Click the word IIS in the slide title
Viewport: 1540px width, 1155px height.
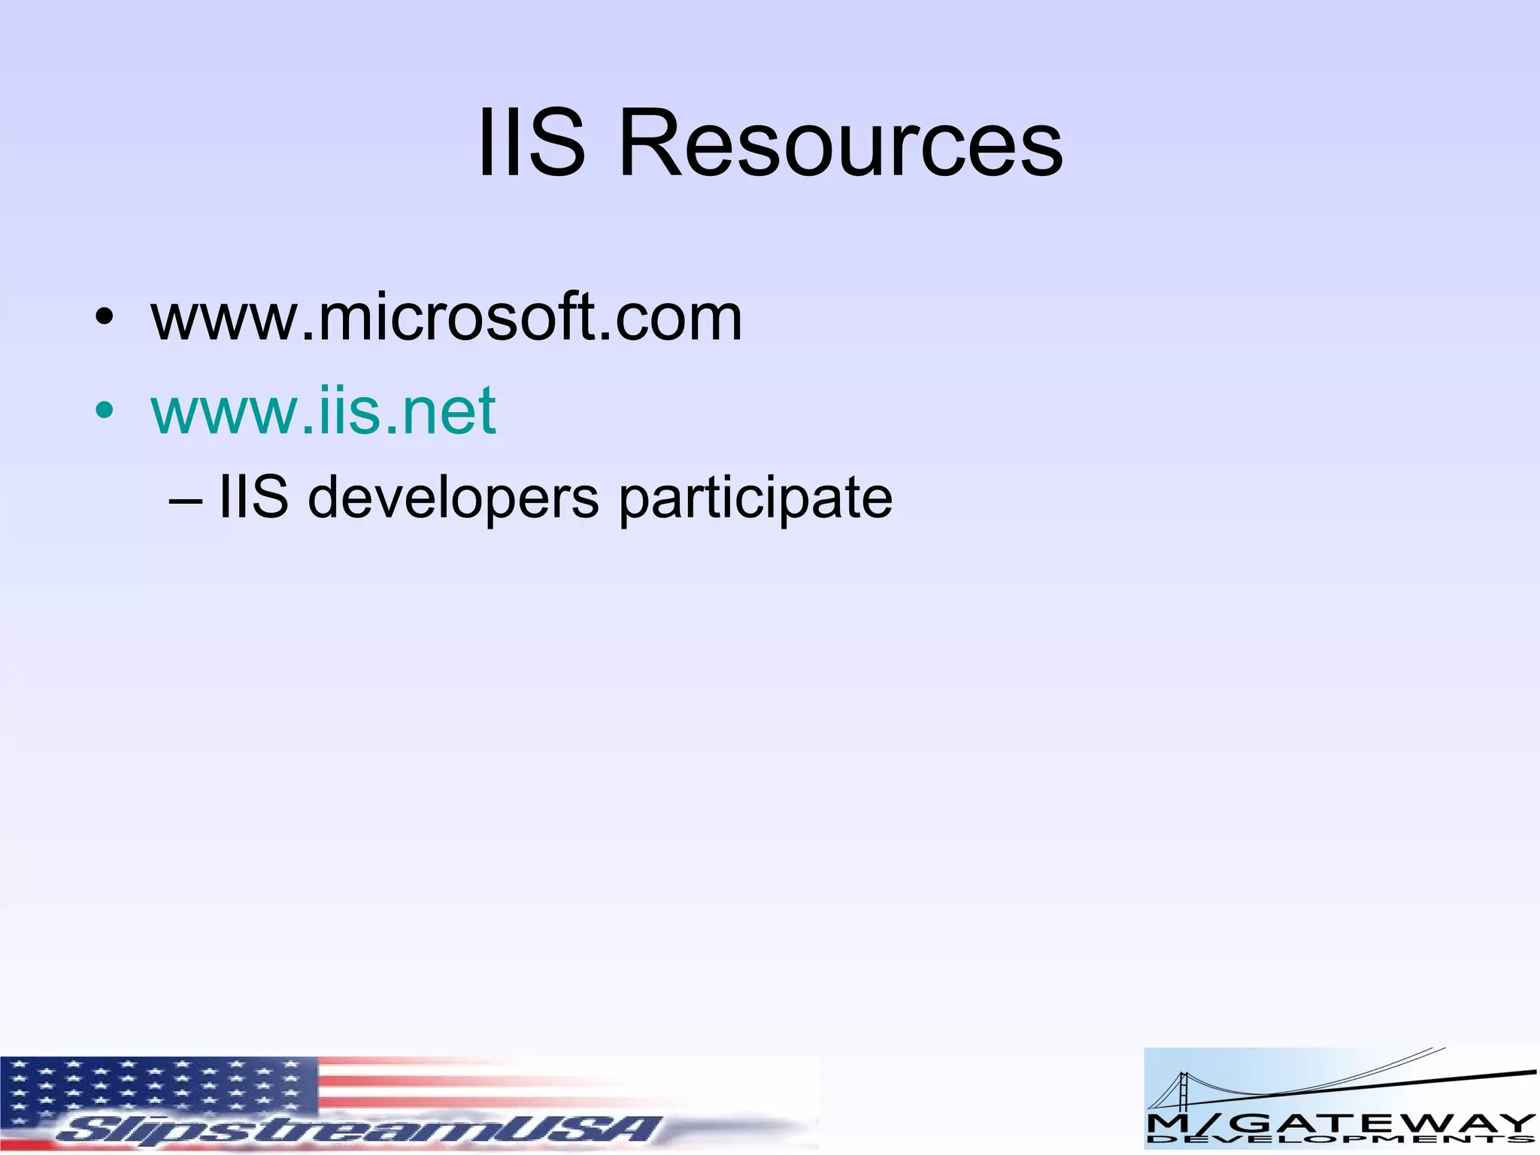point(531,143)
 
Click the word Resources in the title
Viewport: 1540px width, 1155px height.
point(840,143)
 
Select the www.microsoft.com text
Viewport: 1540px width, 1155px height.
point(447,317)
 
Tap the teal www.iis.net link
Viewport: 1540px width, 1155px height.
point(323,411)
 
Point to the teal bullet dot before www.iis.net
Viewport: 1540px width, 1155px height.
point(105,411)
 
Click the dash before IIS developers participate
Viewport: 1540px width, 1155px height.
point(186,500)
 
